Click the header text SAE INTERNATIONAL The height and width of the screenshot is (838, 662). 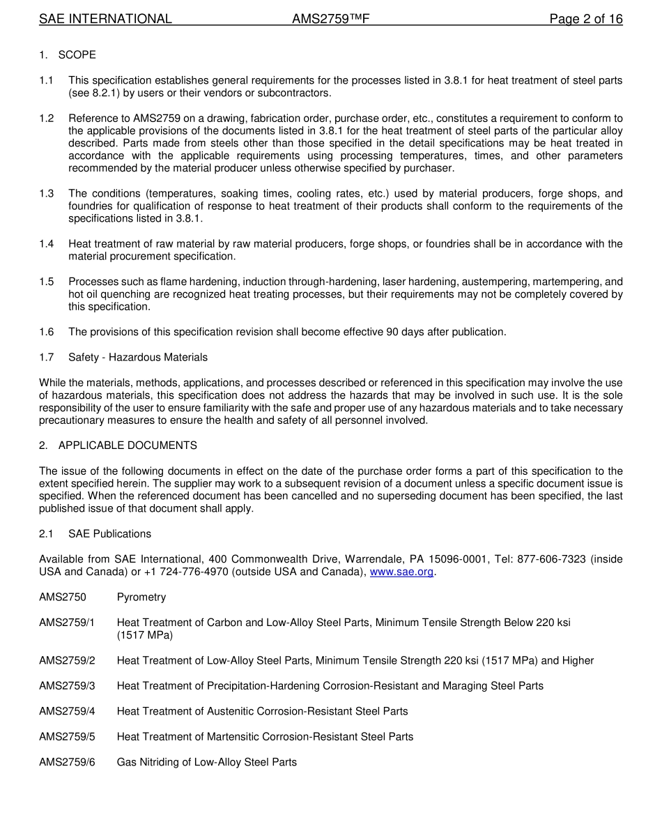(x=105, y=20)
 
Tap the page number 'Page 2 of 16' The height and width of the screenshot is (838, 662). (x=585, y=20)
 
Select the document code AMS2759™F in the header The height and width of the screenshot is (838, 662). (x=330, y=20)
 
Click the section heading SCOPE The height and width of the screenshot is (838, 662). (x=77, y=55)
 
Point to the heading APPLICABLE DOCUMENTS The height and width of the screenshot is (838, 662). (x=128, y=445)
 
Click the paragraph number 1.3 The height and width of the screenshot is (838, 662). (x=47, y=194)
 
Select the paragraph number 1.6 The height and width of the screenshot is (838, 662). (x=47, y=333)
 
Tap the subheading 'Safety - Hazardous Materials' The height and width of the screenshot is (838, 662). (x=138, y=358)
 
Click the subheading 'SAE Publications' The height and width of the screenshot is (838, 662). (x=109, y=534)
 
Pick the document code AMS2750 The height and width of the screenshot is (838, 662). (x=63, y=597)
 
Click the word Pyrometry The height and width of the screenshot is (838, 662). (x=141, y=597)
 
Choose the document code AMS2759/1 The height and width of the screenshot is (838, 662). (x=67, y=623)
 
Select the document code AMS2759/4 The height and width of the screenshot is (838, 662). (x=67, y=712)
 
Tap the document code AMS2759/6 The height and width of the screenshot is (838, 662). (x=67, y=763)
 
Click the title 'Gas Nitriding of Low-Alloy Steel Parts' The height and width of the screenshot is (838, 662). (x=207, y=763)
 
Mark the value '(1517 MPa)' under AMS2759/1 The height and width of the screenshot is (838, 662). (x=145, y=635)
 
